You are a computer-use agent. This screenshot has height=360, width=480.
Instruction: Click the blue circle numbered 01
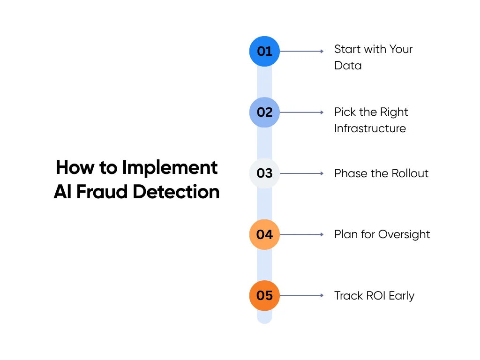pyautogui.click(x=264, y=51)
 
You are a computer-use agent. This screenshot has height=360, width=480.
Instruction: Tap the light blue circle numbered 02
pyautogui.click(x=264, y=112)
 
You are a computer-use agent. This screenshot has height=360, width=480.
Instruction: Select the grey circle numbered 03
pyautogui.click(x=264, y=173)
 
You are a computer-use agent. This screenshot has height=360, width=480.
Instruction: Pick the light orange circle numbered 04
pyautogui.click(x=264, y=234)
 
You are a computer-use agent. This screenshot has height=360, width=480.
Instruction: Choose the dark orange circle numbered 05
pyautogui.click(x=264, y=296)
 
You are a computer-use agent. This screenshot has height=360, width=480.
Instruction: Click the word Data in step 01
pyautogui.click(x=348, y=66)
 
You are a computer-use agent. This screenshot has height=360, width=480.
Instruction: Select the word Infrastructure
pyautogui.click(x=370, y=128)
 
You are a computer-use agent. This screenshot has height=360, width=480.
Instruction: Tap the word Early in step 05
pyautogui.click(x=401, y=296)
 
